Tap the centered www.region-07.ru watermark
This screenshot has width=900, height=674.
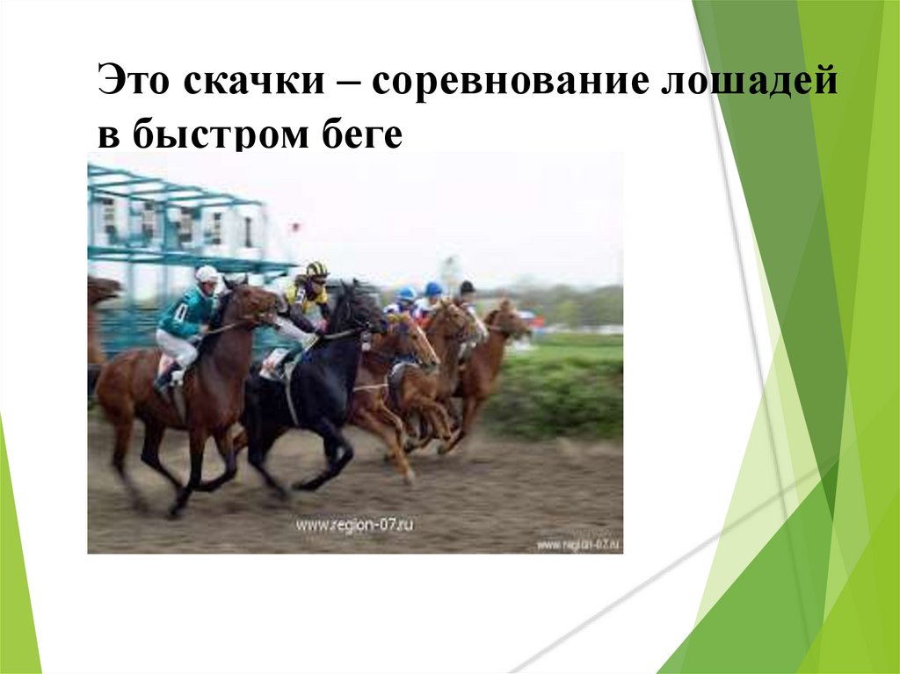click(354, 525)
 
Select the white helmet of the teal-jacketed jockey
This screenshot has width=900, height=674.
click(207, 273)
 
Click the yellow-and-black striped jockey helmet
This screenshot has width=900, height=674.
click(316, 269)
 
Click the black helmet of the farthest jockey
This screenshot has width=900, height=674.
click(467, 286)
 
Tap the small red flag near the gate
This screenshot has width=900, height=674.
click(295, 228)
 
